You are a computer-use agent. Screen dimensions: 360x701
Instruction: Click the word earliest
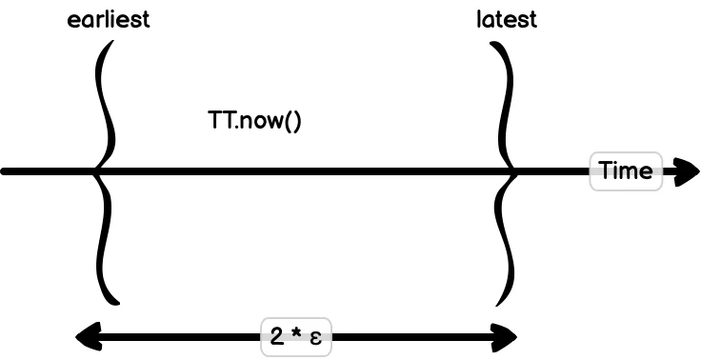tap(109, 20)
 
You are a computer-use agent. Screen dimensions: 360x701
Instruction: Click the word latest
tap(507, 20)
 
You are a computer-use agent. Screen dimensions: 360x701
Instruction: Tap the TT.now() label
tap(254, 121)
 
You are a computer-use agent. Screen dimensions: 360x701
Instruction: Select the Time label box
tap(626, 171)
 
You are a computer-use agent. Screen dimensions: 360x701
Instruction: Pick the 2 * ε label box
tap(296, 336)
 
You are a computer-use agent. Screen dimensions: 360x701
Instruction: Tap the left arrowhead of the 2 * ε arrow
tap(86, 335)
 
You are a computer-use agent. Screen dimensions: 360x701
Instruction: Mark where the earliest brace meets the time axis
tap(96, 171)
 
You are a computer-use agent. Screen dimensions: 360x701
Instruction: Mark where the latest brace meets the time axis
tap(515, 171)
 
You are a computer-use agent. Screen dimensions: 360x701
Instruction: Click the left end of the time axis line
tap(5, 171)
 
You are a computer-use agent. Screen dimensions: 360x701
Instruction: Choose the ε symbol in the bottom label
tap(315, 338)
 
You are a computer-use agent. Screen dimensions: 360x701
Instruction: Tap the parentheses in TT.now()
tap(291, 122)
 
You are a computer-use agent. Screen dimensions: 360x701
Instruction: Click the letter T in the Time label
tap(605, 171)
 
